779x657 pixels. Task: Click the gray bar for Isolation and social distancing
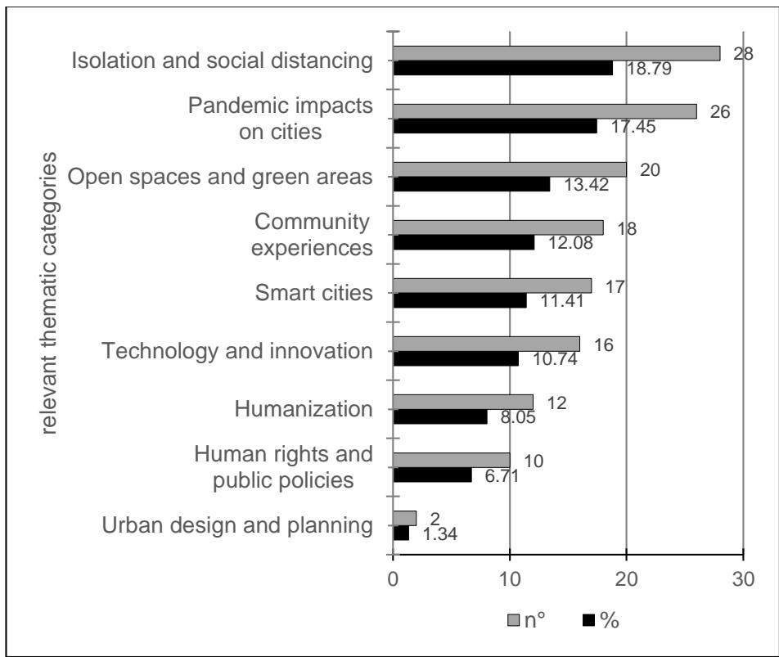pyautogui.click(x=556, y=53)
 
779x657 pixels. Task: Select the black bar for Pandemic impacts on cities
pyautogui.click(x=495, y=127)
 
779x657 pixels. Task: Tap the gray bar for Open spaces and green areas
pyautogui.click(x=510, y=169)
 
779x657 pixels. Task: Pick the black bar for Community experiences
pyautogui.click(x=464, y=243)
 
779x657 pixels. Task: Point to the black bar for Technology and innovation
pyautogui.click(x=456, y=359)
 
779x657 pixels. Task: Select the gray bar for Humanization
pyautogui.click(x=463, y=402)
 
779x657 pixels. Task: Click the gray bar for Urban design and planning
pyautogui.click(x=405, y=518)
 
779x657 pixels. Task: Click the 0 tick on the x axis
pyautogui.click(x=394, y=577)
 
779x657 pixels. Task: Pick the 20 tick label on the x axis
pyautogui.click(x=627, y=577)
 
